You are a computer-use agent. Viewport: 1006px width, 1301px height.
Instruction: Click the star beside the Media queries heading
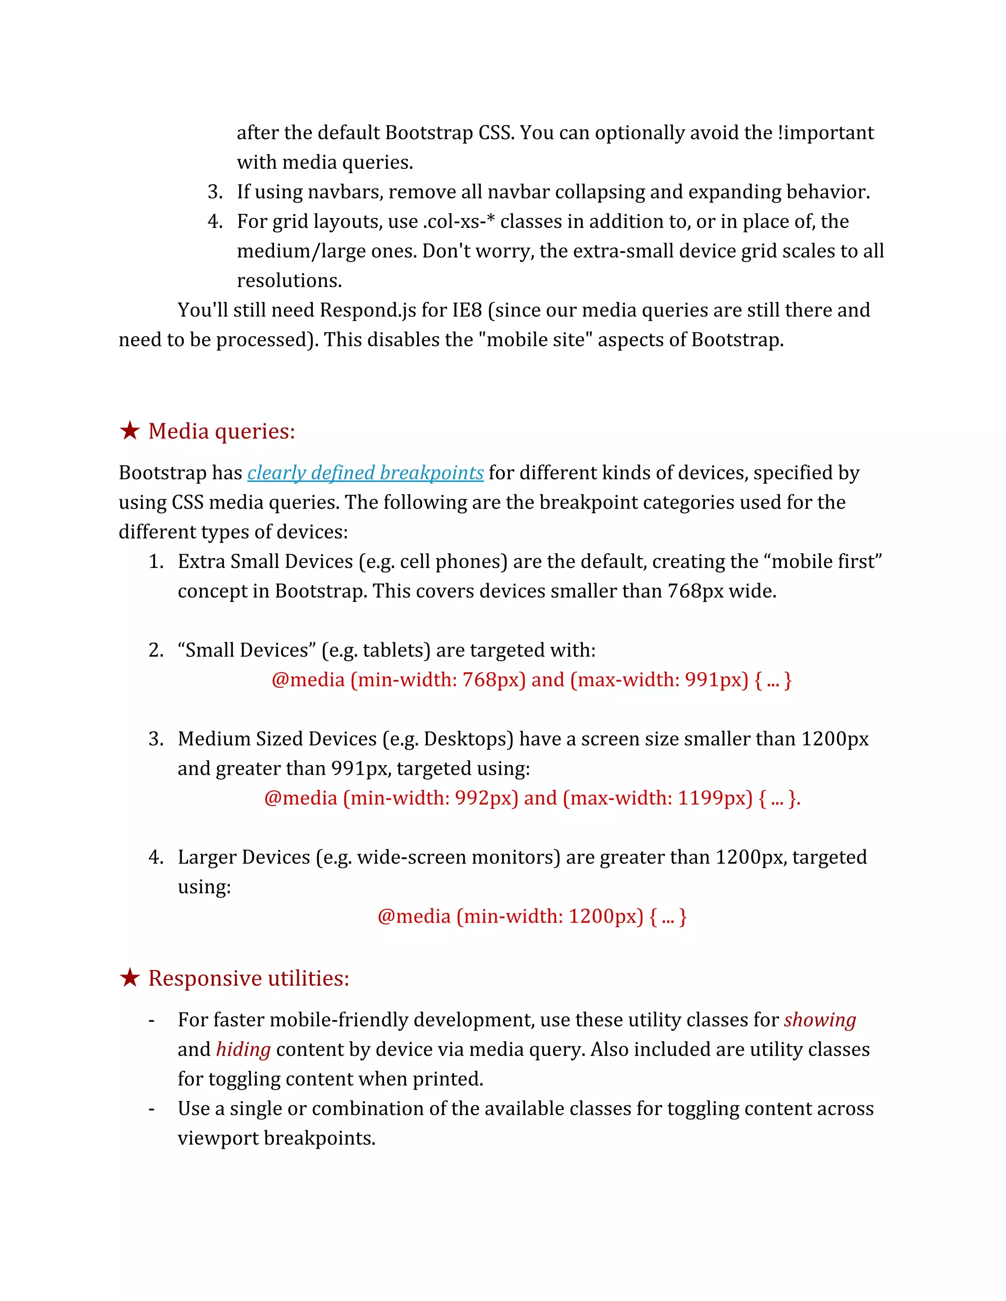(129, 430)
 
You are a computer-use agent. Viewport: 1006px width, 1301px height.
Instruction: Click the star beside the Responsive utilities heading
(129, 977)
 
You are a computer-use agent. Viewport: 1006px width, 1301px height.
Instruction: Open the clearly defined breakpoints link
(365, 472)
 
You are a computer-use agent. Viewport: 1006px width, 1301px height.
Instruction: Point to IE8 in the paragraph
(467, 310)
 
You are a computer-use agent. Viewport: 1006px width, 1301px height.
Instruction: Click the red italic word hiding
(243, 1049)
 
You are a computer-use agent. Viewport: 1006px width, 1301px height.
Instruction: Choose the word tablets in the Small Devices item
(393, 650)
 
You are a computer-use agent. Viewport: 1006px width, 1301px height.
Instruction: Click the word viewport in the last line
(218, 1138)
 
